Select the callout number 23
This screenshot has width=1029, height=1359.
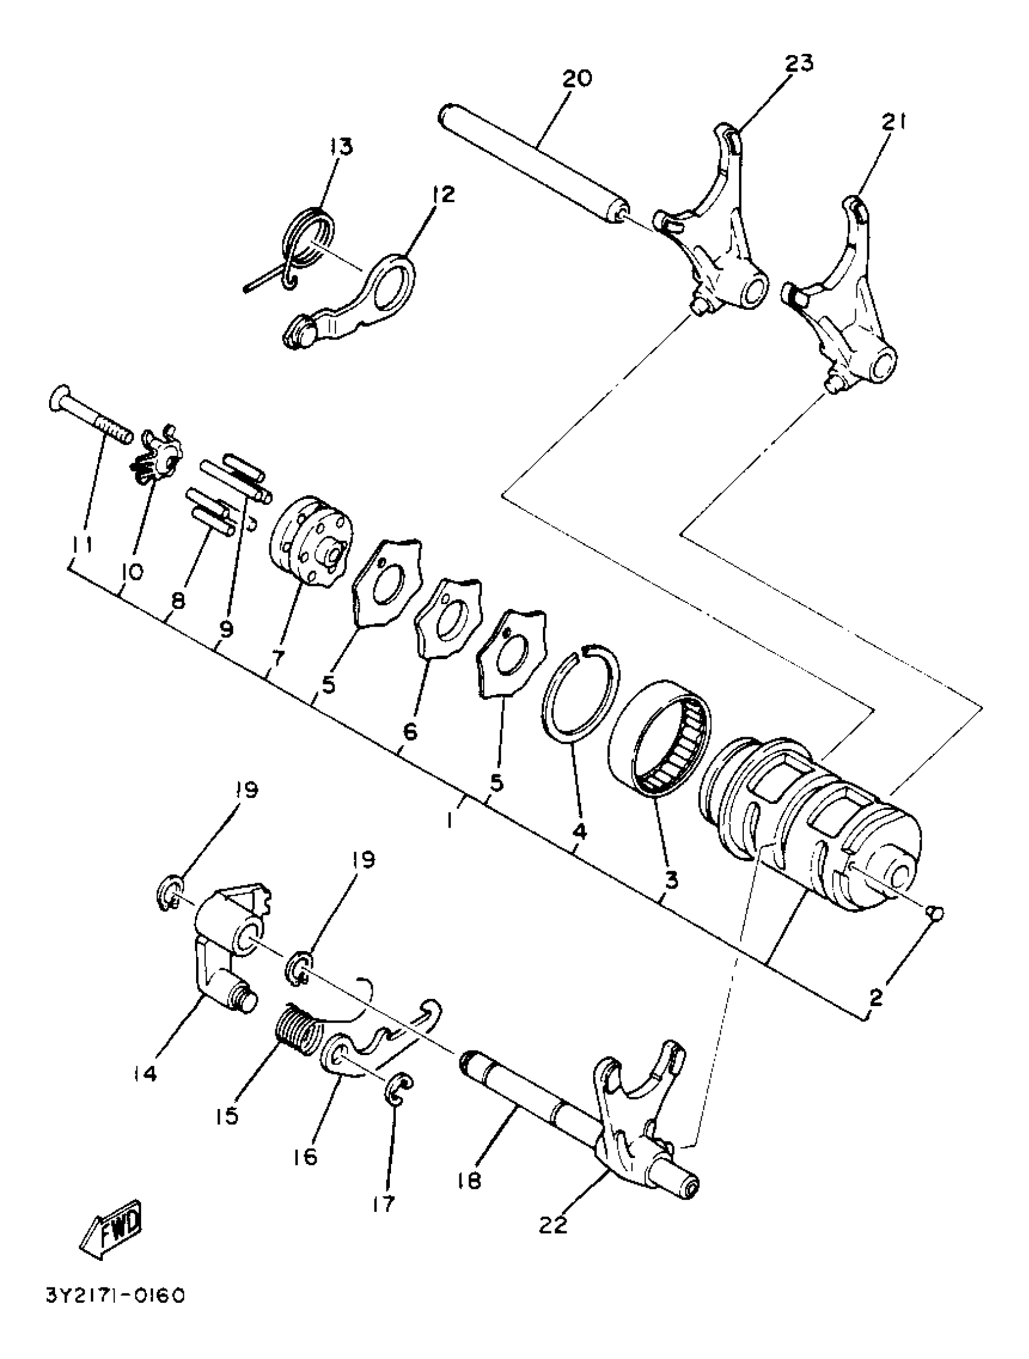pos(797,64)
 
